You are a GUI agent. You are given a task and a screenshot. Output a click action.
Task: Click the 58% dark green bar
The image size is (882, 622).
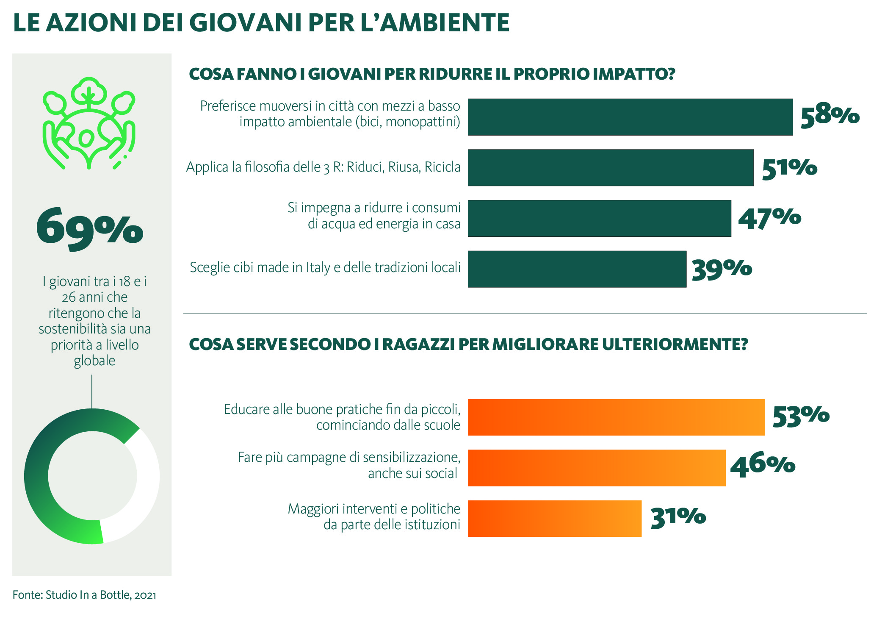pos(630,117)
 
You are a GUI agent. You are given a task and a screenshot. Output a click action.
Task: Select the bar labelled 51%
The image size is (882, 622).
pos(611,167)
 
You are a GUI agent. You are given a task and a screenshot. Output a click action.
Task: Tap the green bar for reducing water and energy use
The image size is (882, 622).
pos(599,218)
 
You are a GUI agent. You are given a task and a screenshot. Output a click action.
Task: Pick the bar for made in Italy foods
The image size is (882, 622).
pos(577,269)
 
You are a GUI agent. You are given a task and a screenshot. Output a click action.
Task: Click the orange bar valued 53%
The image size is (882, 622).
pos(616,417)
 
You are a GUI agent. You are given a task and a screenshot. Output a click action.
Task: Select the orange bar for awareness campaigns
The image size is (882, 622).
pos(596,468)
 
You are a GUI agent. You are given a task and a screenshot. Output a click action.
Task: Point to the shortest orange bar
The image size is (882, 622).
pos(554,519)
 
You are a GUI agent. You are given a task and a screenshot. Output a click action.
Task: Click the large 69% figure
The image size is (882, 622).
pos(89,228)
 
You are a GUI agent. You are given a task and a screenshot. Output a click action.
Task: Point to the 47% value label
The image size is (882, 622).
pos(769,219)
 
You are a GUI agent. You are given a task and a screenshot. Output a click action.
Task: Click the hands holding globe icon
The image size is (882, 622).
pos(89,123)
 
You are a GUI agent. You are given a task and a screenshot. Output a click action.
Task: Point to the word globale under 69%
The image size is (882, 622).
pos(94,361)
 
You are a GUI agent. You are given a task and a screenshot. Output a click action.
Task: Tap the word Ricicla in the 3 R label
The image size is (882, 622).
pos(442,167)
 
